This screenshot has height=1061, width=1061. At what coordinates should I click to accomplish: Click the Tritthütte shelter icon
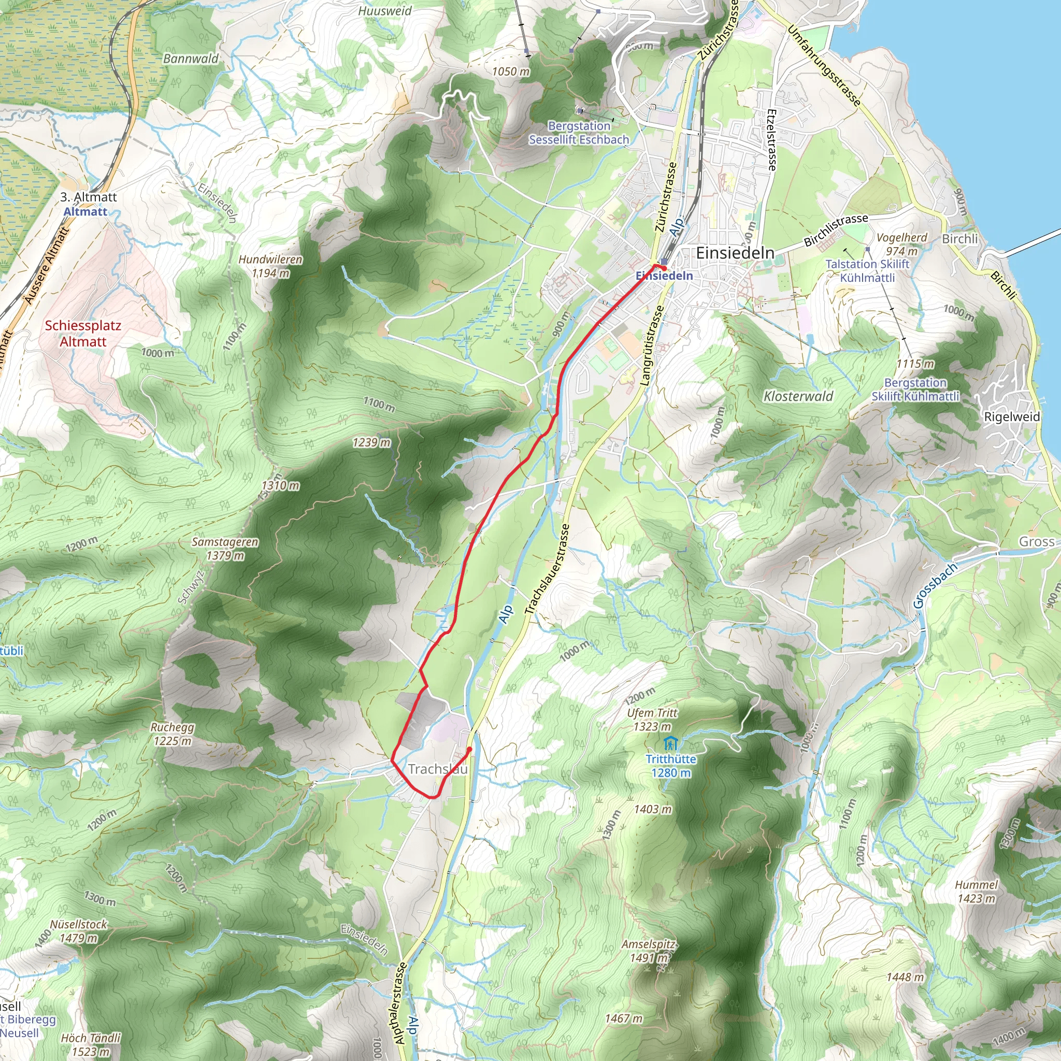coord(669,744)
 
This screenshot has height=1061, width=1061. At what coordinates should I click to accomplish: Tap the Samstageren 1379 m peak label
coord(225,549)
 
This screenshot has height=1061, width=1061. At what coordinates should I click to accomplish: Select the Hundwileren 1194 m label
coord(270,266)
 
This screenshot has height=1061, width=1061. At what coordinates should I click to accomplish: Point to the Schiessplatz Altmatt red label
coord(83,333)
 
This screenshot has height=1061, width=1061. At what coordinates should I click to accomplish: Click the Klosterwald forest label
coord(798,396)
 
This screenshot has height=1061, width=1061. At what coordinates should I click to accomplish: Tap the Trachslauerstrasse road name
coord(547,569)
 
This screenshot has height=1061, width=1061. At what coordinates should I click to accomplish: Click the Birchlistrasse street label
coord(835,230)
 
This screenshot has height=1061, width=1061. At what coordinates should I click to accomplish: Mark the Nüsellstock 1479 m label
coord(79,931)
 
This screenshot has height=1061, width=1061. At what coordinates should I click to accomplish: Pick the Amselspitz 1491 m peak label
coord(649,951)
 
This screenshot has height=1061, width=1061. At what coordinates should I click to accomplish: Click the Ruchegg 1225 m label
coord(173,734)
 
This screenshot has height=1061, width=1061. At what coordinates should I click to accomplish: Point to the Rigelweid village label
coord(1012,417)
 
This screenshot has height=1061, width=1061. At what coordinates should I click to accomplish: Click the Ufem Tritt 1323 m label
coord(652,720)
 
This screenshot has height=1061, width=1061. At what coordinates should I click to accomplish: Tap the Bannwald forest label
coord(191,59)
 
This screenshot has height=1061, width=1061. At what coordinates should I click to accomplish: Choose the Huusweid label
coord(384,11)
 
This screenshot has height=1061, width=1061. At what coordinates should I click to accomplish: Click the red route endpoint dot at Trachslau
coord(469,749)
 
